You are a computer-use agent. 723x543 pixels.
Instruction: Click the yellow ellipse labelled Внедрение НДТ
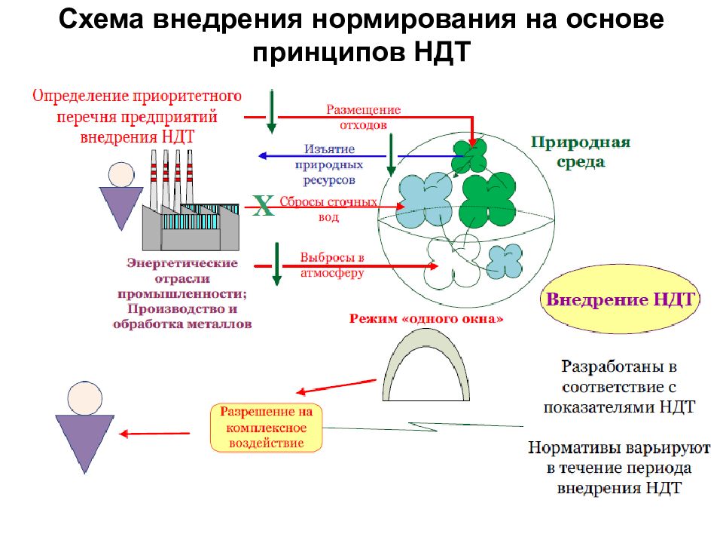(620, 299)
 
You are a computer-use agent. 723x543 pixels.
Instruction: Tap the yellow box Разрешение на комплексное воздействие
(266, 428)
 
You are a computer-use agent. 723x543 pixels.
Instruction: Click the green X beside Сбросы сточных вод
(263, 206)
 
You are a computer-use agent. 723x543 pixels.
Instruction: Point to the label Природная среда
(581, 152)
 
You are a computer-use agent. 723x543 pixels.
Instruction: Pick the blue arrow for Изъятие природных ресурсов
(360, 156)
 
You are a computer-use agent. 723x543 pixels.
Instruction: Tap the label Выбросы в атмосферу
(332, 265)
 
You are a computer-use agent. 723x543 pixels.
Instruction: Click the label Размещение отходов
(363, 118)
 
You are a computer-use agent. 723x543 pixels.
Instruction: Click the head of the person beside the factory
(121, 174)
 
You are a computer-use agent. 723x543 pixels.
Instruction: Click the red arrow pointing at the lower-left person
(154, 434)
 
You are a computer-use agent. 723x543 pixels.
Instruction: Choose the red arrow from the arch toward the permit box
(336, 387)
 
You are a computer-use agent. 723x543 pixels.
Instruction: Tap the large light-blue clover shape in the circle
(425, 200)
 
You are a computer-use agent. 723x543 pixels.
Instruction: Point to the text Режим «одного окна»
(426, 318)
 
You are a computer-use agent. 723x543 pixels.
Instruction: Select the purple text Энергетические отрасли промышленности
(182, 278)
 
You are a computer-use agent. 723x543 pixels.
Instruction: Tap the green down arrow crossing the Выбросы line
(276, 264)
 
